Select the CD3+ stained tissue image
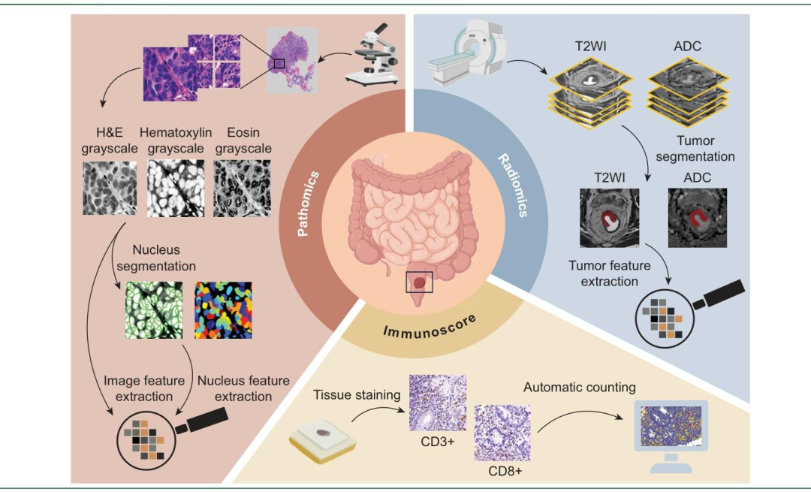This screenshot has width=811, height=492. [x=437, y=403]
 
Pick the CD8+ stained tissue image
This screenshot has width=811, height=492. [x=501, y=431]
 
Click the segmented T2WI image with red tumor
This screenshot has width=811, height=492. [x=609, y=218]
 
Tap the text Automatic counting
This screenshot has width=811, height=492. [x=579, y=388]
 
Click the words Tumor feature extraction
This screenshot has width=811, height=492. [x=603, y=273]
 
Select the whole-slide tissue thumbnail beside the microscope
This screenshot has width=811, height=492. [x=292, y=60]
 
